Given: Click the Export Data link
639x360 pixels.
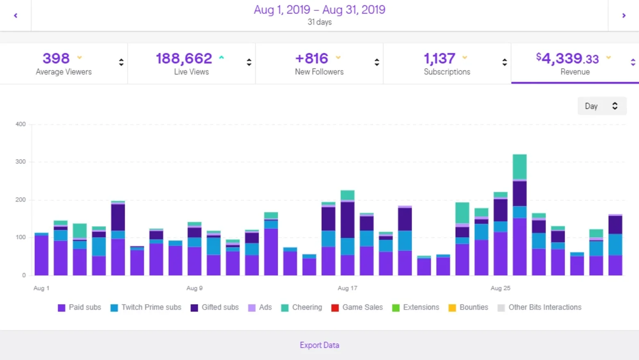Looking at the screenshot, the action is (x=319, y=345).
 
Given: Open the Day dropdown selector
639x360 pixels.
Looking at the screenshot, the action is (x=602, y=106).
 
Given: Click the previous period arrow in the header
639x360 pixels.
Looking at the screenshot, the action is (x=16, y=16).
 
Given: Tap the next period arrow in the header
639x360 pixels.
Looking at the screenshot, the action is (x=624, y=16).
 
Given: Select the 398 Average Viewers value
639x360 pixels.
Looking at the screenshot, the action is (x=56, y=59).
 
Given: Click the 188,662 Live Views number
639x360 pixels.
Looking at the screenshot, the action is (x=184, y=59).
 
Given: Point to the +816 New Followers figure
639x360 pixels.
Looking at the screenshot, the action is (x=311, y=59).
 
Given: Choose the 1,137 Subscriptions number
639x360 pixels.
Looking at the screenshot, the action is (x=439, y=59).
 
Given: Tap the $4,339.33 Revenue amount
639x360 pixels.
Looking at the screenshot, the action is (x=567, y=59).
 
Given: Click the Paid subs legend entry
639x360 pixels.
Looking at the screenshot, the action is (x=79, y=308).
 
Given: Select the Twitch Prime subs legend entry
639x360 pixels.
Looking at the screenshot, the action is (x=146, y=308).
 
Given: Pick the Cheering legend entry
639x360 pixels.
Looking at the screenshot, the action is (x=301, y=308).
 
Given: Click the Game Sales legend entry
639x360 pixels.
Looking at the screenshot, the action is (x=357, y=308).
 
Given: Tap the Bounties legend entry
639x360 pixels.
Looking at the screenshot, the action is (x=468, y=308).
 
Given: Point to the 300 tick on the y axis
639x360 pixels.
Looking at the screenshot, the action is (x=20, y=162).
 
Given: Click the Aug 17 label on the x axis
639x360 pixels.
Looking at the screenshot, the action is (x=347, y=288).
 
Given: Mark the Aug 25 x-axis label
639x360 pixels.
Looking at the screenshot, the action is (x=501, y=288).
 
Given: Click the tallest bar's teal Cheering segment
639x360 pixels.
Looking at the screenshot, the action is (x=520, y=167).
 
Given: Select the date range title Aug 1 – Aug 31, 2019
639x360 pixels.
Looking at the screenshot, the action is (x=319, y=10).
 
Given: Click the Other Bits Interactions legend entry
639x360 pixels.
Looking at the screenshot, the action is (x=539, y=308).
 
